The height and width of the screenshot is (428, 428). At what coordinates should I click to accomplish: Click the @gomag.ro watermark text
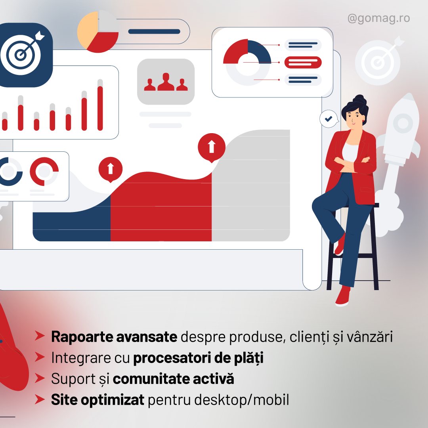pos(378,19)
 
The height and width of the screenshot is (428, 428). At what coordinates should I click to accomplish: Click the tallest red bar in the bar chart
pos(100,108)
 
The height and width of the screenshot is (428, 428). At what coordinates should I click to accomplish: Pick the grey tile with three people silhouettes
pos(166,82)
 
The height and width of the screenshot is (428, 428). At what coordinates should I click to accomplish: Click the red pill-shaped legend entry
pos(303,62)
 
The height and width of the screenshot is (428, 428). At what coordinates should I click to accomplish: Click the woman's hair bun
pos(359,99)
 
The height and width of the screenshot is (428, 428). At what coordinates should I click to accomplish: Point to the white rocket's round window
pos(403,122)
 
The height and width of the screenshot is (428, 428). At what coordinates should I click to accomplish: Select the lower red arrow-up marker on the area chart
pos(110,169)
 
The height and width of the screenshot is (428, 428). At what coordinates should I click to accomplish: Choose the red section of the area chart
pos(161,207)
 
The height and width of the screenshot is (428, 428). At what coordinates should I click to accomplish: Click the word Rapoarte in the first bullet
pos(82,337)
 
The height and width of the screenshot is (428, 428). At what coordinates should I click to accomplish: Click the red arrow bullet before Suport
pos(40,378)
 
